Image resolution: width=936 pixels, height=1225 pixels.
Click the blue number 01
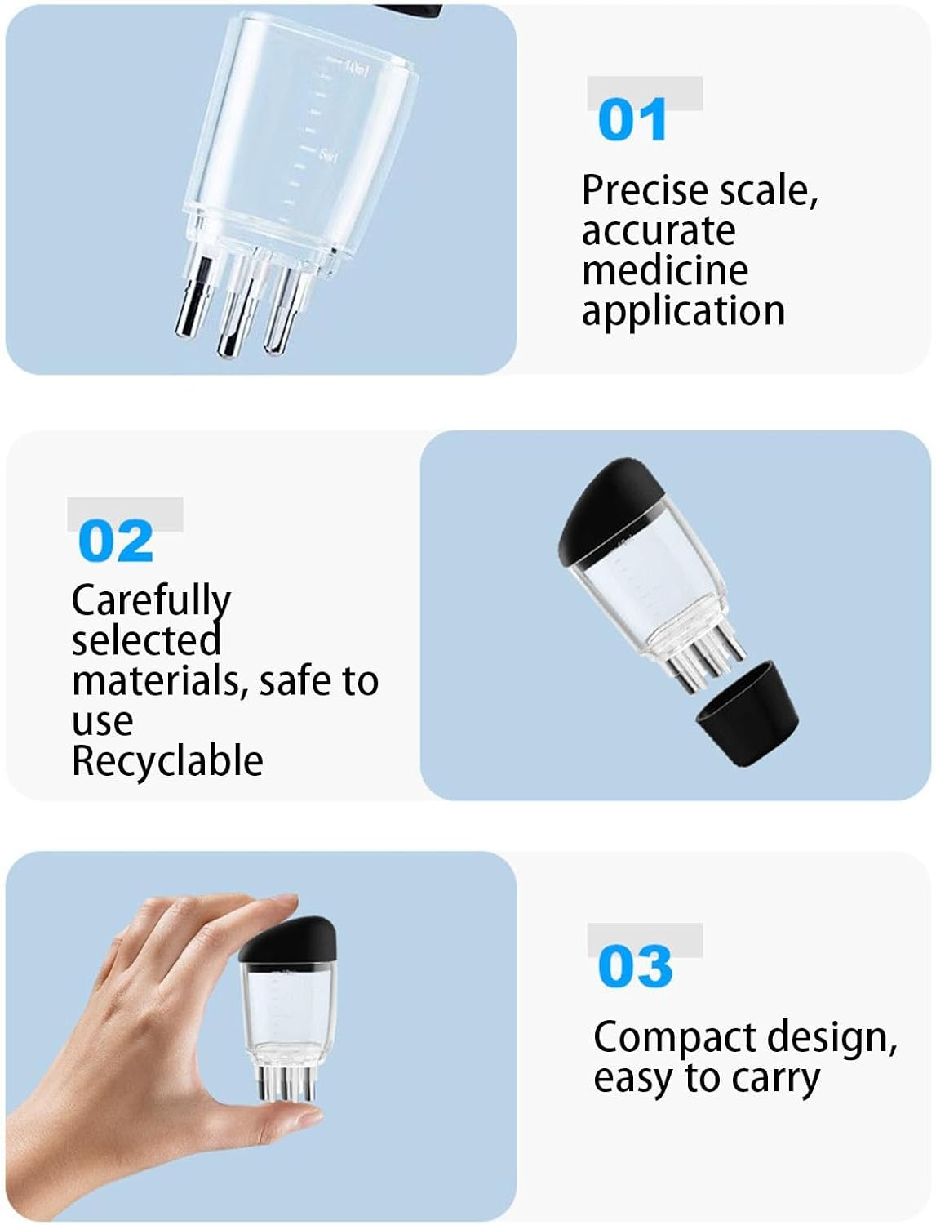632,121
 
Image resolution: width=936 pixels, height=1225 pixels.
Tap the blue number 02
115,541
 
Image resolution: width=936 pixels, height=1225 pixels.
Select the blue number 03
634,967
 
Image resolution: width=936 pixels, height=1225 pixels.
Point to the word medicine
664,270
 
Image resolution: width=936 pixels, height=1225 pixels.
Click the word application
682,311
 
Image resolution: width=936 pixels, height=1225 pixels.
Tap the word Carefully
151,602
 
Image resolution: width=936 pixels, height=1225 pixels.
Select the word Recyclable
167,761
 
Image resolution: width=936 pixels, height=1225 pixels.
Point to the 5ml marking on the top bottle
328,155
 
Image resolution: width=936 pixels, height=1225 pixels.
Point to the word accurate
658,231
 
